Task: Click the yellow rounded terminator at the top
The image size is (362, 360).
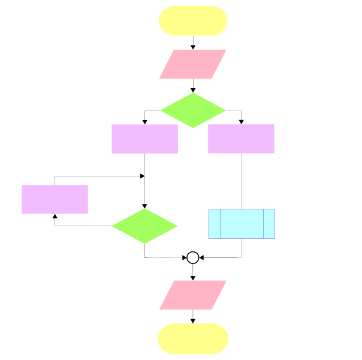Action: pos(193,21)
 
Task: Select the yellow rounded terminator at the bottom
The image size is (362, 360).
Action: pos(193,338)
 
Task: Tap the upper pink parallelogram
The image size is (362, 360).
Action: pos(193,64)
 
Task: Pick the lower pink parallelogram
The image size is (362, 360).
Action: pos(193,295)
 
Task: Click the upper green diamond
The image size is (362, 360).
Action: pos(193,110)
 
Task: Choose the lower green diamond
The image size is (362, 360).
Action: pos(144,226)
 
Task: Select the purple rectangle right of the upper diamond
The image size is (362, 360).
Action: pos(241,139)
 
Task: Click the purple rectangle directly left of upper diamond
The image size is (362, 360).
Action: pos(144,139)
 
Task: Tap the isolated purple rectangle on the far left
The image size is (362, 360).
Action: pos(55,199)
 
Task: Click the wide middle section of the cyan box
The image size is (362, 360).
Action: pos(242,224)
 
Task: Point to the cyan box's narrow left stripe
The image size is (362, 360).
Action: pos(215,224)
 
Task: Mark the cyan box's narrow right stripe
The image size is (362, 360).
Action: pos(269,224)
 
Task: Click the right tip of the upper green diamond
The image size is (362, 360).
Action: pos(225,110)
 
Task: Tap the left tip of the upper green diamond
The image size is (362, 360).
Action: pos(161,110)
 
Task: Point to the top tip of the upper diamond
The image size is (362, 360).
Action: pos(193,94)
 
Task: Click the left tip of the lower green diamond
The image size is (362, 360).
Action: pos(113,226)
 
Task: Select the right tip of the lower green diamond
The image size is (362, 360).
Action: pos(177,226)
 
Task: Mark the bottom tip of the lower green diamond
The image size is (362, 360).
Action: pos(144,243)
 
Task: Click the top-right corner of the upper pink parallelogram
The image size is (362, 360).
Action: pos(225,50)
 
